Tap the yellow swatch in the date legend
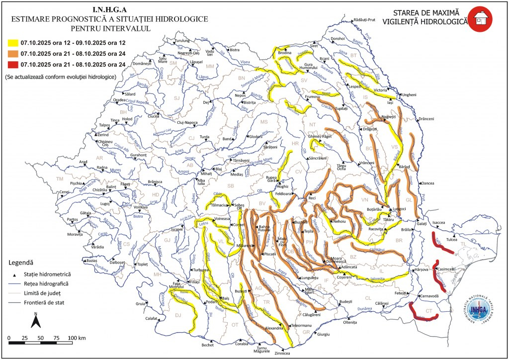click(x=11, y=43)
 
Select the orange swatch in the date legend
click(x=11, y=53)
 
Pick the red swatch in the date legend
click(x=11, y=64)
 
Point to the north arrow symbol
click(x=36, y=321)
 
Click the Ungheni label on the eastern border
click(x=409, y=94)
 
